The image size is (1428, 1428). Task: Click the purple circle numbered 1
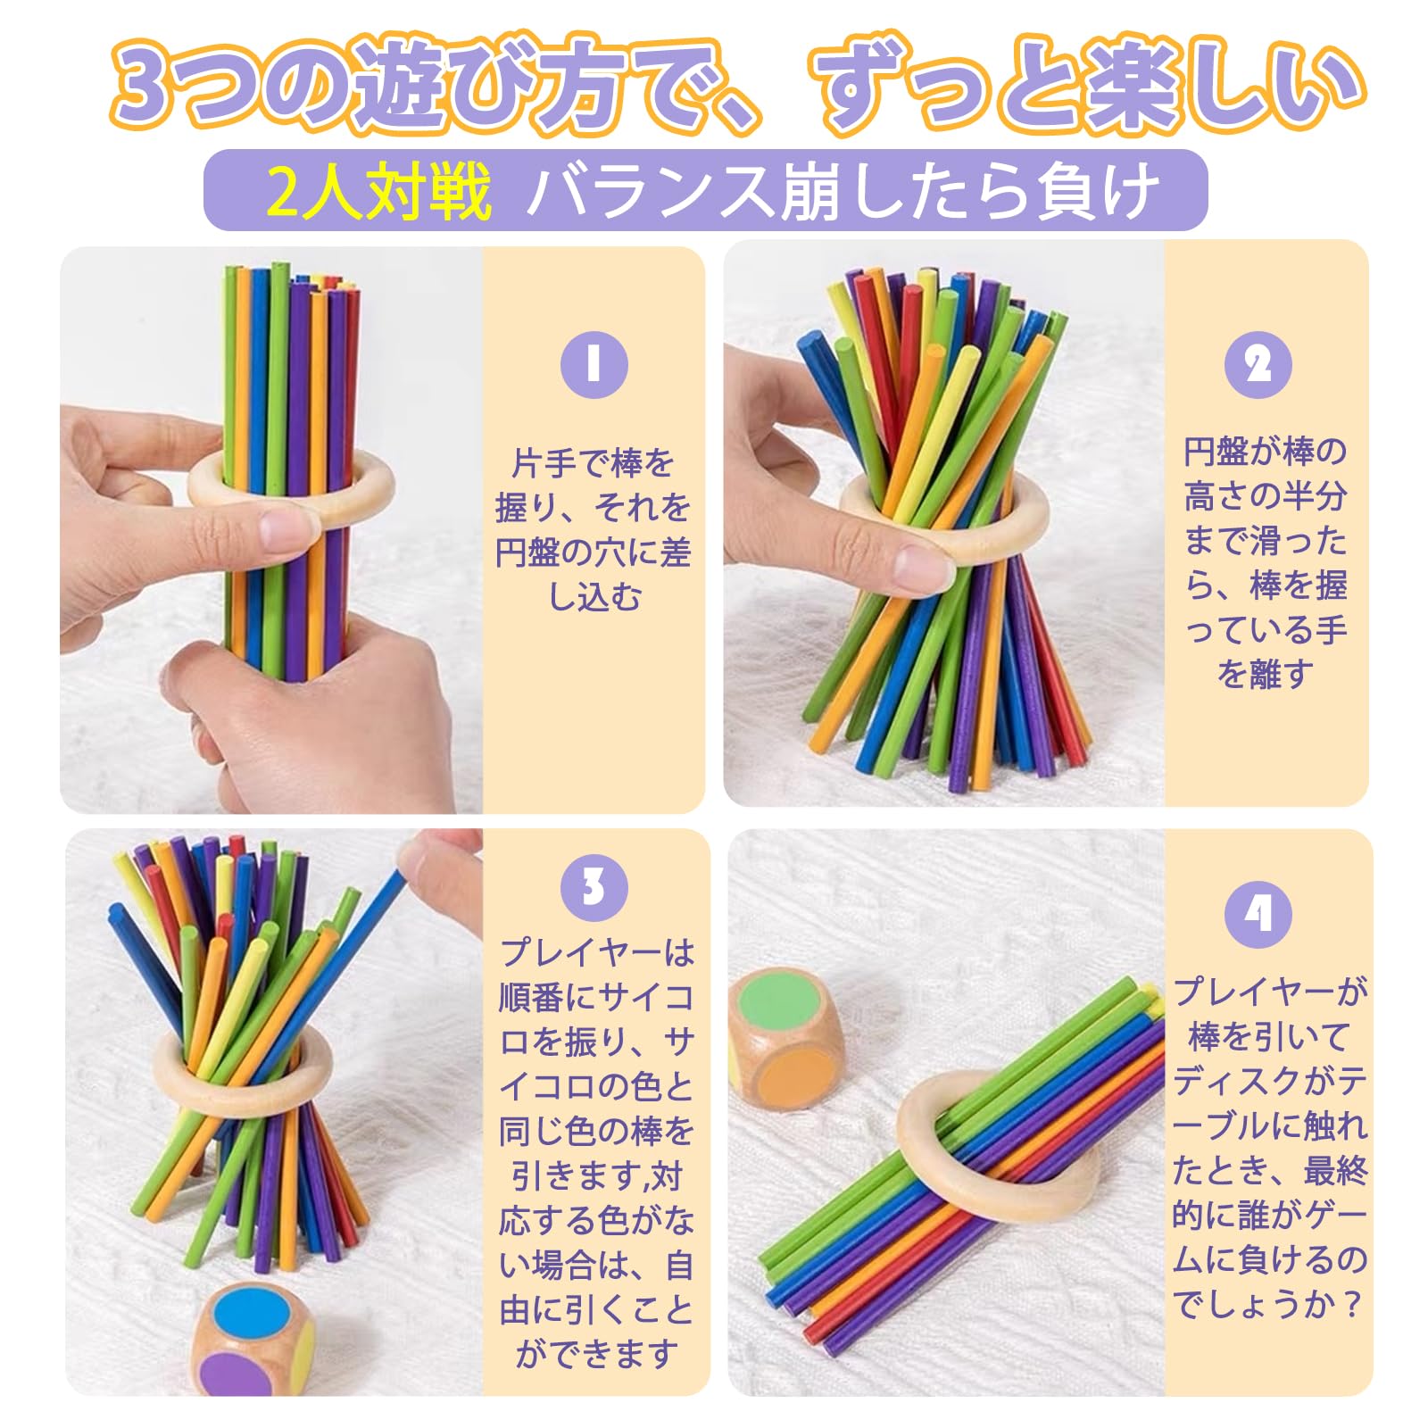tap(594, 365)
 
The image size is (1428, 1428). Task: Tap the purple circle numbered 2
tap(1258, 365)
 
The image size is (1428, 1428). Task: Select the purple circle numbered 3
tap(594, 887)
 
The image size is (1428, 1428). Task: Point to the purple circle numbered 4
tap(1258, 913)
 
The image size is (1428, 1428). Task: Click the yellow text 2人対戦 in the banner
tap(379, 192)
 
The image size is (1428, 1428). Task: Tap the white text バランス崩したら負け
tap(843, 192)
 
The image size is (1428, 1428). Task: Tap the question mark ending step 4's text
tap(1353, 1306)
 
